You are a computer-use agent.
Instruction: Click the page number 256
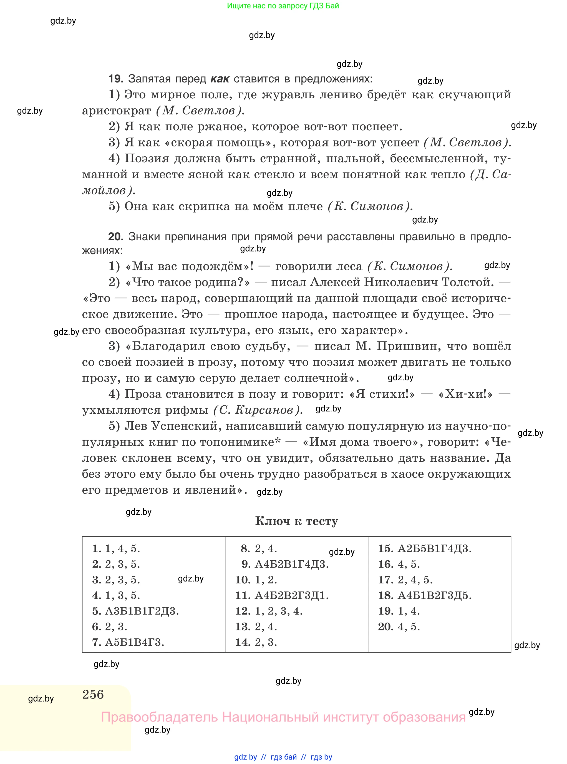coord(93,694)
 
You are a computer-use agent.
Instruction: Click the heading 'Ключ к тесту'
coord(296,521)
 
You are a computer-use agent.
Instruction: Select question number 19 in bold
coord(116,79)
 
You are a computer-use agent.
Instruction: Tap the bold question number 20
coord(116,236)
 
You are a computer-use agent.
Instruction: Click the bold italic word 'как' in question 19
coord(220,79)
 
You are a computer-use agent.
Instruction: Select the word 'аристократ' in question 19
coord(116,111)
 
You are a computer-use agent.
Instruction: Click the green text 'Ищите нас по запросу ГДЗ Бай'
coord(283,6)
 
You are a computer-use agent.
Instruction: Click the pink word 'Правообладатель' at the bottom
coord(159,717)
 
